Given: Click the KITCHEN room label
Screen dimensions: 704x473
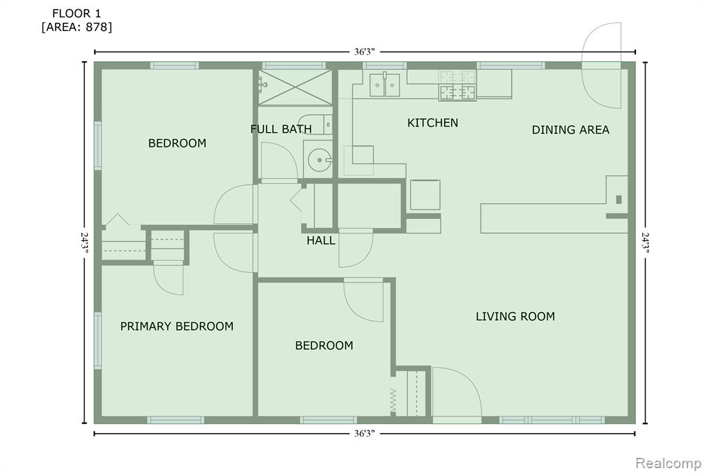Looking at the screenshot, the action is point(432,123).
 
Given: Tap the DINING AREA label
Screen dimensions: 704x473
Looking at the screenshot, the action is point(570,130).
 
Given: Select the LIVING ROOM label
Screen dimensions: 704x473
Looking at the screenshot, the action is point(515,317).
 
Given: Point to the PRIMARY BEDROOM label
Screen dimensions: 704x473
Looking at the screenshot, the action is point(177,326).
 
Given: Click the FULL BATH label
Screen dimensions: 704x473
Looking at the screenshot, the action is point(281,129).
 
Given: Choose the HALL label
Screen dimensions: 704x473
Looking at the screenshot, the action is point(320,240).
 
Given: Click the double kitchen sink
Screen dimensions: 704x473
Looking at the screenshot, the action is point(385,85).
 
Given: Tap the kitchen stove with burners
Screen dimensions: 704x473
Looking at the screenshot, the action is point(457,85).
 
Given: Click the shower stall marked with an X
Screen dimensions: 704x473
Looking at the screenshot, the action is point(295,87).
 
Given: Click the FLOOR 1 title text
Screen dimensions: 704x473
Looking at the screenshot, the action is point(77,14).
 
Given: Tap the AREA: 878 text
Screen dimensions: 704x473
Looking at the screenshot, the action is point(77,28).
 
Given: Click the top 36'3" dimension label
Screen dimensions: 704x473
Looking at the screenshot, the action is point(364,52).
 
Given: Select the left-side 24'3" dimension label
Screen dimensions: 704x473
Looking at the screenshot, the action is point(84,242).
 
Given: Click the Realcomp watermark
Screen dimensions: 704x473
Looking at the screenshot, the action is point(668,463).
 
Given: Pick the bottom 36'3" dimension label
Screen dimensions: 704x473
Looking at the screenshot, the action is point(364,434).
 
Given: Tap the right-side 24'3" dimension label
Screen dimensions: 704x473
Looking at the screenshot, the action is point(645,242).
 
